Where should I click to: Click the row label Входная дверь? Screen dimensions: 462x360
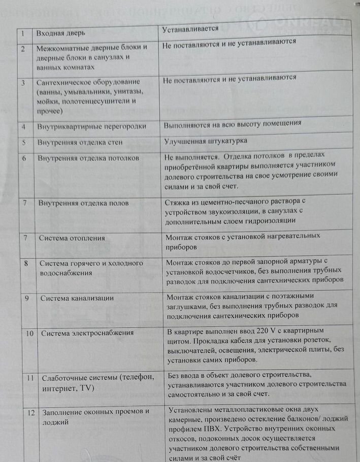60,33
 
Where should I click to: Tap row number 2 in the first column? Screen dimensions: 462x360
23,49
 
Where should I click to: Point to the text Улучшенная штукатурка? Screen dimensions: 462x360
206,141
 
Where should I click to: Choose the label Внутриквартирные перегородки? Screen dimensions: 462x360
92,126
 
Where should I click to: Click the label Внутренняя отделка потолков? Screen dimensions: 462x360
88,158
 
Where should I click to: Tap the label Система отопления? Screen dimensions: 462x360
72,238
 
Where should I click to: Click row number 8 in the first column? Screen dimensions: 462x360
26,263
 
